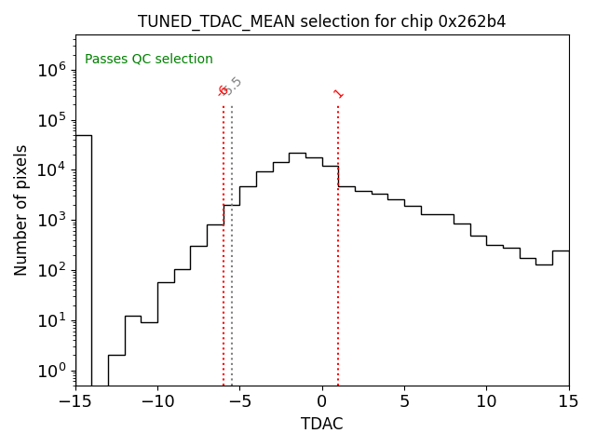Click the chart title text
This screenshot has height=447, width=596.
(322, 21)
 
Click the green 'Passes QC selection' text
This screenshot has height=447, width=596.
(149, 60)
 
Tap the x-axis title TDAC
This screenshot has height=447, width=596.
(322, 424)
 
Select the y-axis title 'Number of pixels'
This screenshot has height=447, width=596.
(21, 210)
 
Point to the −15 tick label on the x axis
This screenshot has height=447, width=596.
(75, 401)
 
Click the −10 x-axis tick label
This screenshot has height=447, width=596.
(157, 401)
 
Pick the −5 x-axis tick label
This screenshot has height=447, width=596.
(239, 401)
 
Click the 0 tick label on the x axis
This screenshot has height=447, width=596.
(322, 401)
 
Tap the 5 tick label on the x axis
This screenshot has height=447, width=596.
(404, 401)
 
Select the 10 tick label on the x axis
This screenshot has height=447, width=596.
(486, 401)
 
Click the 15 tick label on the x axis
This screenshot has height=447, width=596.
(568, 401)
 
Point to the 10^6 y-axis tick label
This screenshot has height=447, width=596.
(51, 70)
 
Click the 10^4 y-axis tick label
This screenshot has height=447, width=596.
(51, 169)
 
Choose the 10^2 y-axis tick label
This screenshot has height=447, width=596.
(51, 270)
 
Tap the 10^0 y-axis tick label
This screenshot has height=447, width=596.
(51, 371)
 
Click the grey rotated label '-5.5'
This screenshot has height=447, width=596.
(234, 87)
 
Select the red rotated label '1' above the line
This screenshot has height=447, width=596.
(338, 93)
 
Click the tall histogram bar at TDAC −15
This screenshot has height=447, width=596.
(84, 261)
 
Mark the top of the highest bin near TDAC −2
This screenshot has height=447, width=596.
(297, 153)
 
